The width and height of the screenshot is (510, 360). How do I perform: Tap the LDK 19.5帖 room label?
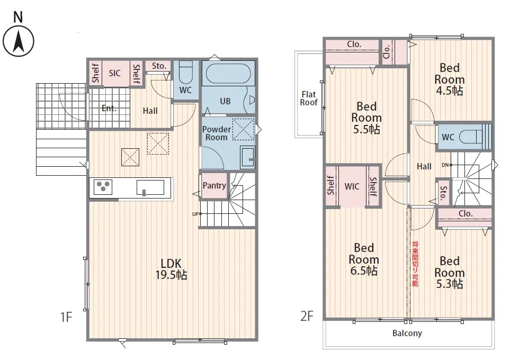(x=171, y=269)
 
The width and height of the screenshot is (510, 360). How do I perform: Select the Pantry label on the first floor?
(x=214, y=185)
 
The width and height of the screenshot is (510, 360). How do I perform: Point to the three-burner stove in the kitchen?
(x=103, y=187)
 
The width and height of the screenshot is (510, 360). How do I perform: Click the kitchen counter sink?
(x=150, y=187)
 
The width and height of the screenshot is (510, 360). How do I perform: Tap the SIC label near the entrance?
(x=114, y=73)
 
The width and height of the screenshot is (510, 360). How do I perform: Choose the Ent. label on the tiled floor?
(x=109, y=109)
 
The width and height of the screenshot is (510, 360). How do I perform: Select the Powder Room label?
(x=217, y=133)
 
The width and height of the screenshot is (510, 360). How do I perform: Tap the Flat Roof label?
(x=309, y=98)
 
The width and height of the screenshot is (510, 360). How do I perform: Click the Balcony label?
(x=407, y=333)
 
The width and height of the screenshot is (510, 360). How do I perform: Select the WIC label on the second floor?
(x=352, y=186)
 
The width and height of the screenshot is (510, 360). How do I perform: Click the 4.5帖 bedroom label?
(x=450, y=79)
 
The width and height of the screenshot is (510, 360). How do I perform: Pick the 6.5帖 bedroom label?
(x=364, y=259)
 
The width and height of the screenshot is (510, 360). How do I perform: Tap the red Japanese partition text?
(x=415, y=264)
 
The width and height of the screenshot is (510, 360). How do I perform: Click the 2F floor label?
(x=307, y=316)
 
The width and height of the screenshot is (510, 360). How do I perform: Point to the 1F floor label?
(x=66, y=317)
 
